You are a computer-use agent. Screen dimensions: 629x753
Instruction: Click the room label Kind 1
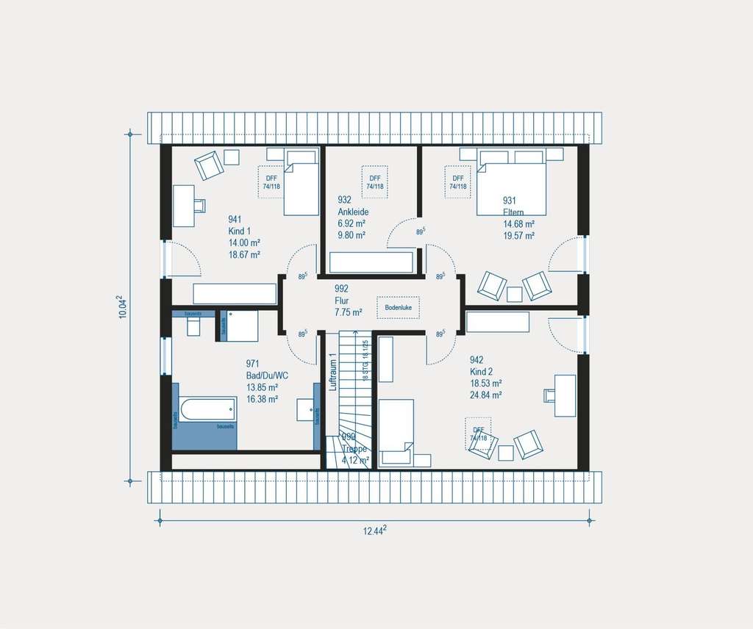tap(239, 231)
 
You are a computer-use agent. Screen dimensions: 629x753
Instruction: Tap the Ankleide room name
tap(352, 212)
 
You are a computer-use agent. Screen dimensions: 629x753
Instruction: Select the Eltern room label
tap(514, 212)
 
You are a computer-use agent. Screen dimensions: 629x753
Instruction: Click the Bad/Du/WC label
tap(266, 375)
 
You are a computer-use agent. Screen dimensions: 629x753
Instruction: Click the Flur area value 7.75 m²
tap(349, 312)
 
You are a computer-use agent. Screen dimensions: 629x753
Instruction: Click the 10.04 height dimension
tap(124, 306)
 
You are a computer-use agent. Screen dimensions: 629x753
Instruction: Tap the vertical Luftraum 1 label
tap(332, 372)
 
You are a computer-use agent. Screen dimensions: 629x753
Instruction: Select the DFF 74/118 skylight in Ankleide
tap(375, 182)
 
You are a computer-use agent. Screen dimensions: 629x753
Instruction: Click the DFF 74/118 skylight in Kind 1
tap(271, 182)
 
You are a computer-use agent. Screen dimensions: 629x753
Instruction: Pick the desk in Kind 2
tap(565, 395)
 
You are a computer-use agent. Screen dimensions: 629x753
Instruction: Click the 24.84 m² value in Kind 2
tap(485, 395)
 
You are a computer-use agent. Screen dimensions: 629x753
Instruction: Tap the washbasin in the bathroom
tap(307, 410)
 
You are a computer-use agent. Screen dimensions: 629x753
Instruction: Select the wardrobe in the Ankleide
tap(371, 262)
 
